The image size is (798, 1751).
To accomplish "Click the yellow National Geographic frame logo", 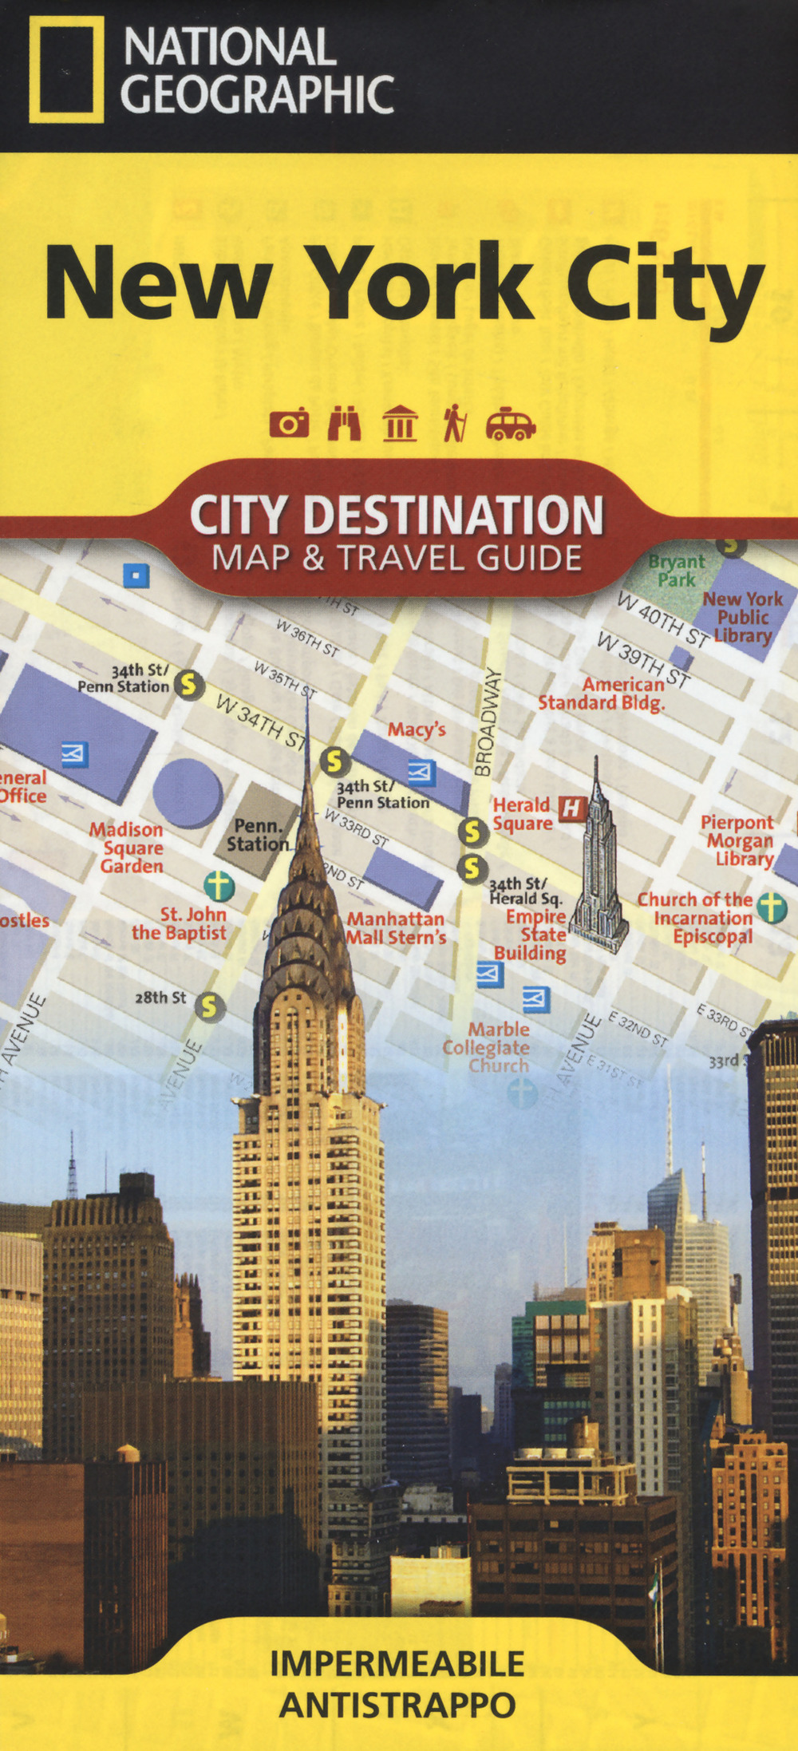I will point(66,69).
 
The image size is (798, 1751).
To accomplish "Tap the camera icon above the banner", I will point(289,423).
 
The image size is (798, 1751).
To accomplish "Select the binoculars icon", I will point(345,423).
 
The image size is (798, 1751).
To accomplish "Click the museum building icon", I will point(400,423).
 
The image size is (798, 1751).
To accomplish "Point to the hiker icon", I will point(455,423).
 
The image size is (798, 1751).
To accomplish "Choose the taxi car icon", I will point(511,424).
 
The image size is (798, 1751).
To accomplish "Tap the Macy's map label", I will point(417,729).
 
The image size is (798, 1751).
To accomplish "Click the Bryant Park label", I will point(677,571).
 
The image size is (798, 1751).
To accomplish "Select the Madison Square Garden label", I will point(128,848).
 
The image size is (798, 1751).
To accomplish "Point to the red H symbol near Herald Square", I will point(571,808).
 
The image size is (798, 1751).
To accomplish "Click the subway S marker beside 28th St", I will point(209,1006).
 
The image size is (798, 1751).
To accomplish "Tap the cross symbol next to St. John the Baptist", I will point(219,885).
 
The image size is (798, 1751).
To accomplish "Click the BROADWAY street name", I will point(489,722).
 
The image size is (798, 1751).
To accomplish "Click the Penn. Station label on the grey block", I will point(257,835).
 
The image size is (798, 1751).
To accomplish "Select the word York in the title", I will point(423,283).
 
